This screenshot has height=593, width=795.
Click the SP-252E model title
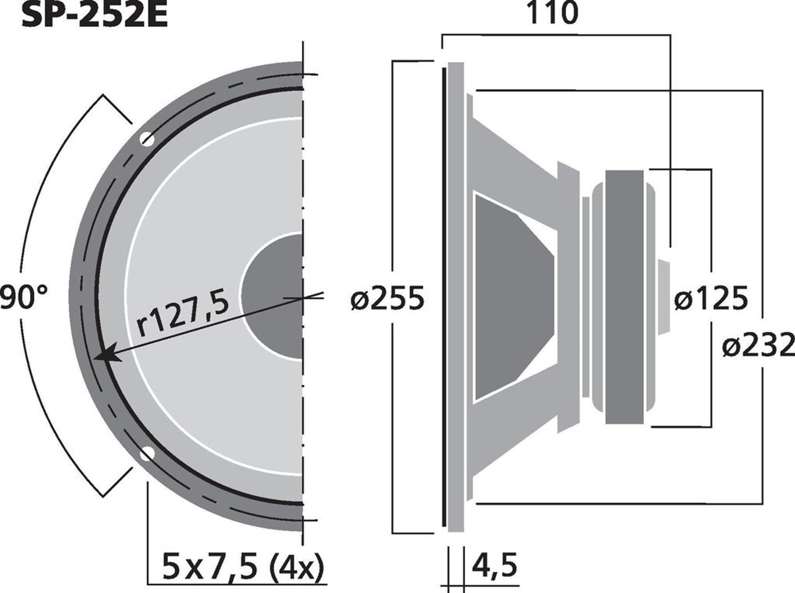pos(95,14)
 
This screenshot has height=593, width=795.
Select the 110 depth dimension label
pos(553,13)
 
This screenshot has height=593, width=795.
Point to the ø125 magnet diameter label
pos(711,298)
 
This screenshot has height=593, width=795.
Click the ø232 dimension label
pos(758,346)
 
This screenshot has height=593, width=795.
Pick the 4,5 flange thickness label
pos(494,565)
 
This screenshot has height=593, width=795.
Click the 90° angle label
pos(24,297)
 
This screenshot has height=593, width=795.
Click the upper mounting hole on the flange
pos(147,138)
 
